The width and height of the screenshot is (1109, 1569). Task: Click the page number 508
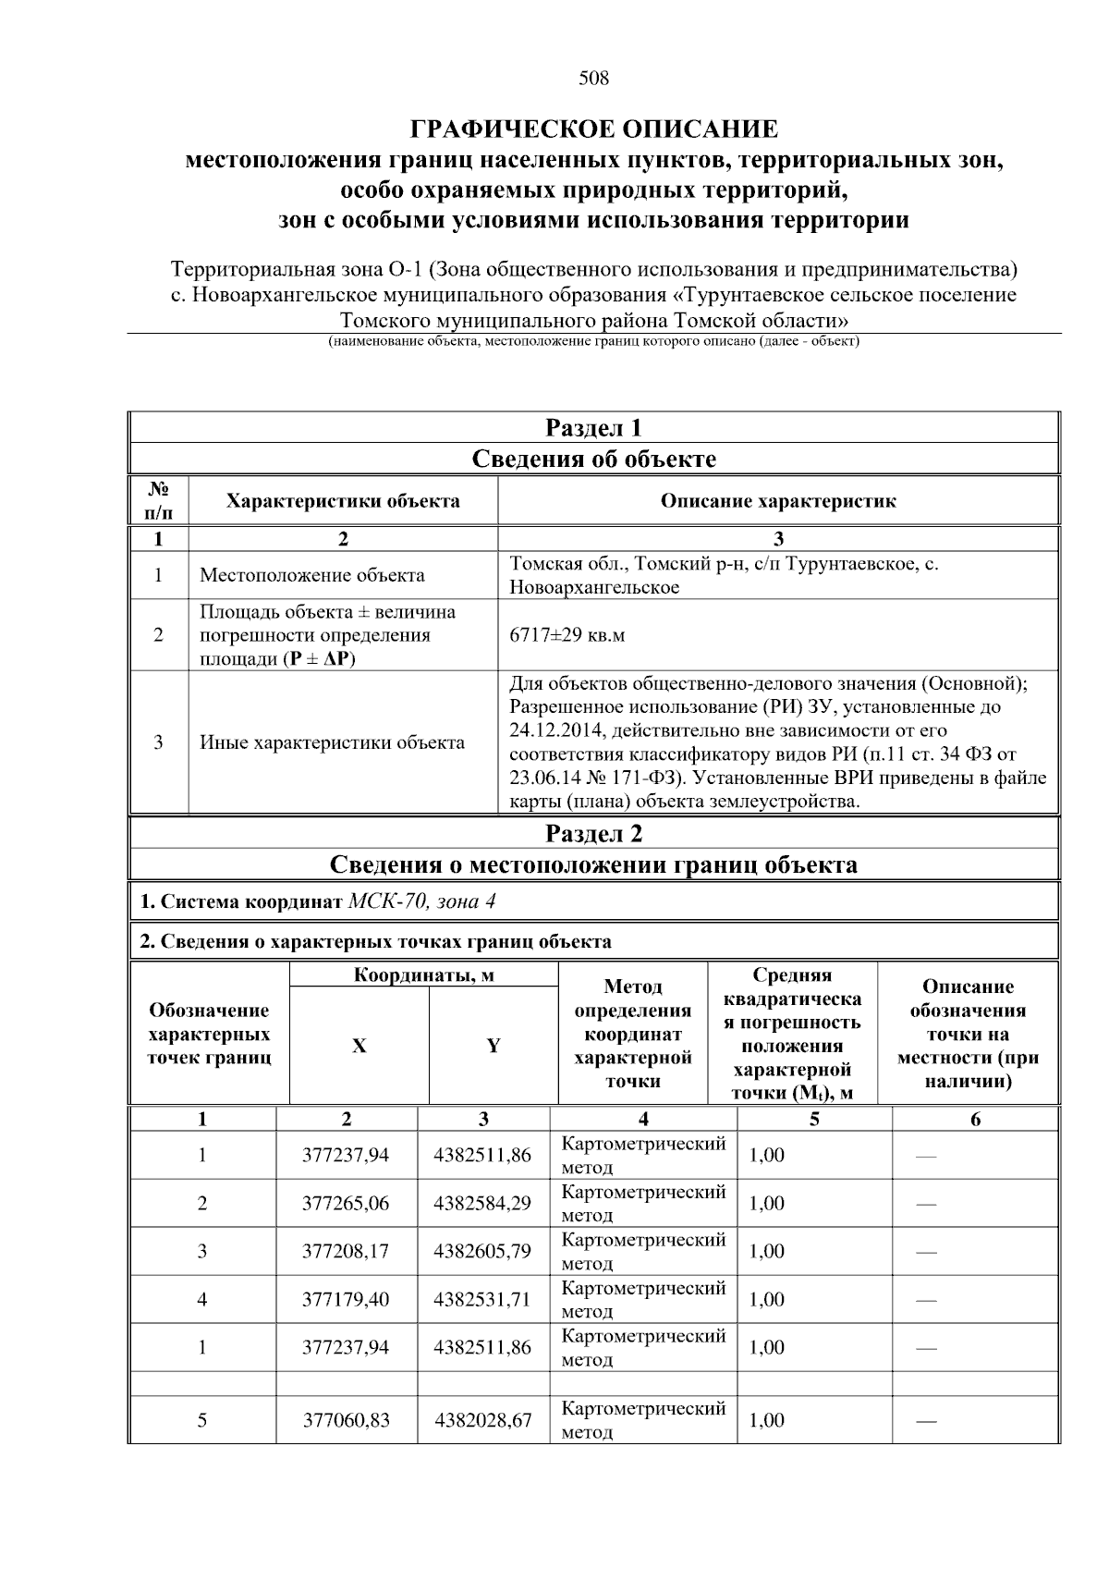point(593,79)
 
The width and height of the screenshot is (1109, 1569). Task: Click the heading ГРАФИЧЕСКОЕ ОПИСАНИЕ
point(593,129)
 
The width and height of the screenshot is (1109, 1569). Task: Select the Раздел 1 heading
point(593,428)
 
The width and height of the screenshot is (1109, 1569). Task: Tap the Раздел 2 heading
point(593,834)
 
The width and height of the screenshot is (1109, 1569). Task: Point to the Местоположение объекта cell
point(312,575)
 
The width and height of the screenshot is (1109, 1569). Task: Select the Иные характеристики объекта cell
point(332,742)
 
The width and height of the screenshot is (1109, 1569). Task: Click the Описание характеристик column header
point(777,501)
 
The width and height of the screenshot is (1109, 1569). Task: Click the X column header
point(359,1046)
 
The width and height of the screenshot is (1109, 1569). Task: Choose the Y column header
point(494,1046)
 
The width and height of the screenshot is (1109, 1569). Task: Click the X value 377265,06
point(346,1203)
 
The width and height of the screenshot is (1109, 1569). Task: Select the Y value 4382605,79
point(482,1251)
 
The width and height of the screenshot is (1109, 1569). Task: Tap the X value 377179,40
point(346,1299)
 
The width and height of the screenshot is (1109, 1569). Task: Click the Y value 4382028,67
point(482,1420)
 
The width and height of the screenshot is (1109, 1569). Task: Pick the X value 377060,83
point(346,1420)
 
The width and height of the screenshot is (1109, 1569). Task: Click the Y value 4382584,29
point(482,1203)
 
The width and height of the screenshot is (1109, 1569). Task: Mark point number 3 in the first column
point(201,1251)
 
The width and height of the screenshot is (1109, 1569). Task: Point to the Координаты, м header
point(423,975)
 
